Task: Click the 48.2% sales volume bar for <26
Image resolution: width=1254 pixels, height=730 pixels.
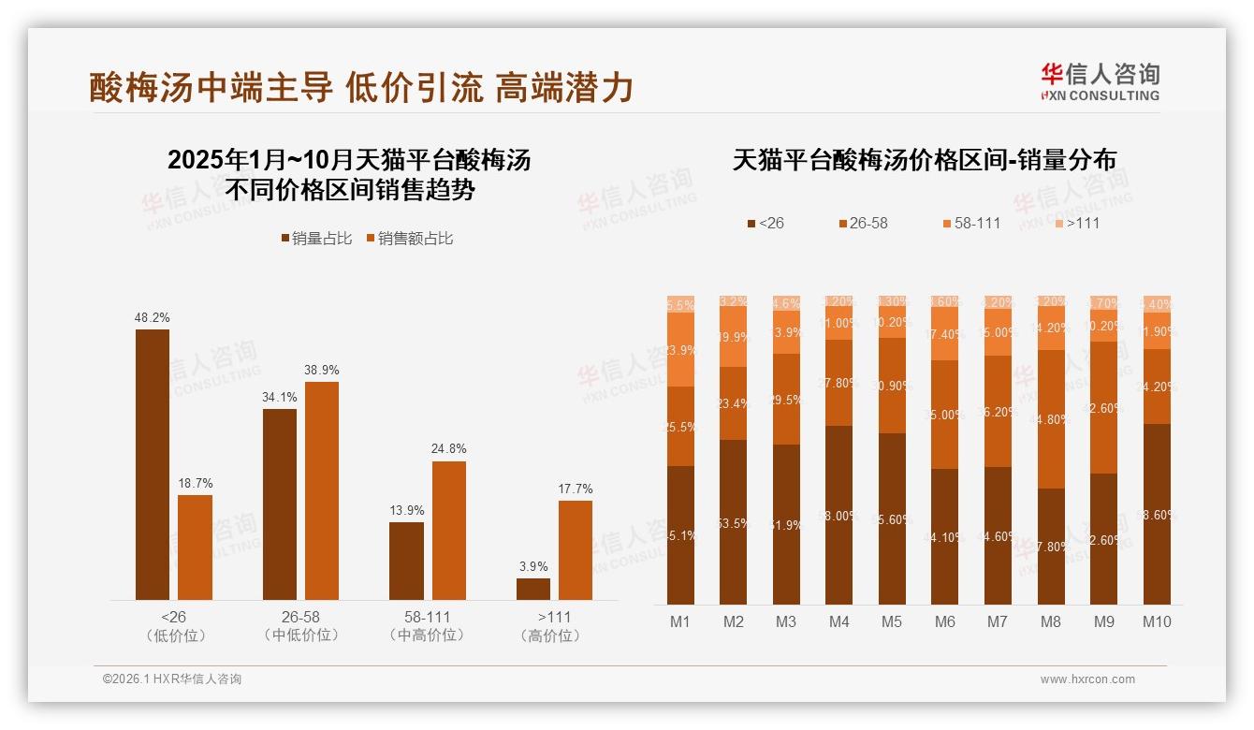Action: click(153, 464)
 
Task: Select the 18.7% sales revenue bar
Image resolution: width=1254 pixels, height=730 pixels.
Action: click(195, 547)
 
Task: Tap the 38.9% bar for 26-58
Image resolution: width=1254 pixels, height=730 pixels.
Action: click(322, 490)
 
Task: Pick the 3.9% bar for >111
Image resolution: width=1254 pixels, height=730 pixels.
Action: click(533, 589)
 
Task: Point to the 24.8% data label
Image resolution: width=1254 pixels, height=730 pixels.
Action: click(449, 449)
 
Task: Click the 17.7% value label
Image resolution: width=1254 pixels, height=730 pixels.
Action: click(576, 489)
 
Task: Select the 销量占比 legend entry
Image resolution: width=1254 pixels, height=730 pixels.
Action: click(317, 239)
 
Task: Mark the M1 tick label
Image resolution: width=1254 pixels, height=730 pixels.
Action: click(680, 621)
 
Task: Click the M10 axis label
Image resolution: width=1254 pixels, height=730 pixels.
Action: click(1157, 621)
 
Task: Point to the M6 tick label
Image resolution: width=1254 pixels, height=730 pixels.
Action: click(945, 621)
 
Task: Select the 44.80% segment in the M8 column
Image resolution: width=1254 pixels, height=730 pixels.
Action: click(1051, 419)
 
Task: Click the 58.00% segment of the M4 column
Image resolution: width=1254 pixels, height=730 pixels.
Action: click(839, 515)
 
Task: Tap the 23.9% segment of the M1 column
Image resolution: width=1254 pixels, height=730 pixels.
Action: click(680, 349)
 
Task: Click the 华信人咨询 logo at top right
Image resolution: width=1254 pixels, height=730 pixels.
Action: click(1100, 82)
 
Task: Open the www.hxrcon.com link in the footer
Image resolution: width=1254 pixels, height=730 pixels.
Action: click(1087, 679)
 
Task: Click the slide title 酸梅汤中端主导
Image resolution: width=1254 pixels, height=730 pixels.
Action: click(211, 88)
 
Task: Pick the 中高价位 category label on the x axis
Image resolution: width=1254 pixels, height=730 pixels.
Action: click(428, 635)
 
